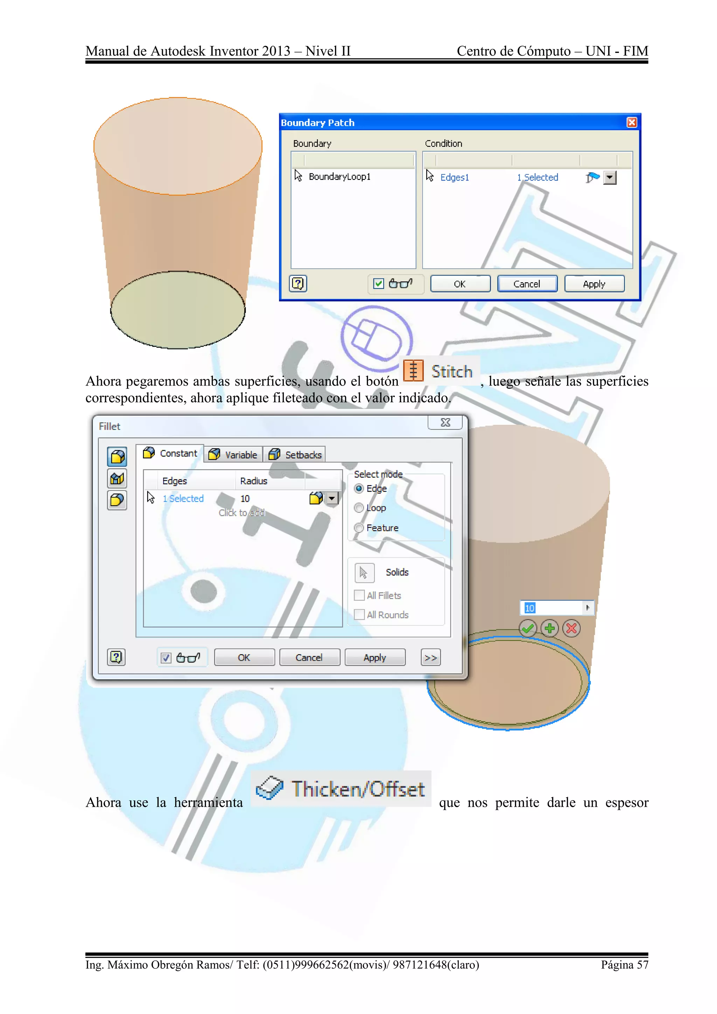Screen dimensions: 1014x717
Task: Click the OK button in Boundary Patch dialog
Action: tap(460, 284)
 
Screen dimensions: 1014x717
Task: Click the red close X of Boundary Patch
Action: tap(632, 122)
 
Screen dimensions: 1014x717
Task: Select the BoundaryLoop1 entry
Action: tap(339, 177)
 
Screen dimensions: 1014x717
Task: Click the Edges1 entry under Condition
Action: tap(454, 178)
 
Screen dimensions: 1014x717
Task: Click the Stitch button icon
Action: tap(413, 370)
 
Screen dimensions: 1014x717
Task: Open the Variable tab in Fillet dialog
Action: tap(234, 454)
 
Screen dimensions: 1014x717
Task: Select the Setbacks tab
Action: tap(295, 454)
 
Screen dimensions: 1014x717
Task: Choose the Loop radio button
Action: tap(359, 508)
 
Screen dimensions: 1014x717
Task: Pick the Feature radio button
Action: tap(359, 528)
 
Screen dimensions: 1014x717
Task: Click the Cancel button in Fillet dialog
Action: tap(309, 658)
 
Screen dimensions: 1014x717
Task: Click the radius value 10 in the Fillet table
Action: tap(245, 499)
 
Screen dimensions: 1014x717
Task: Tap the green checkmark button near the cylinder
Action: tap(528, 628)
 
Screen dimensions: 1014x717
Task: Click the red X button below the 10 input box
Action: tap(572, 628)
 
